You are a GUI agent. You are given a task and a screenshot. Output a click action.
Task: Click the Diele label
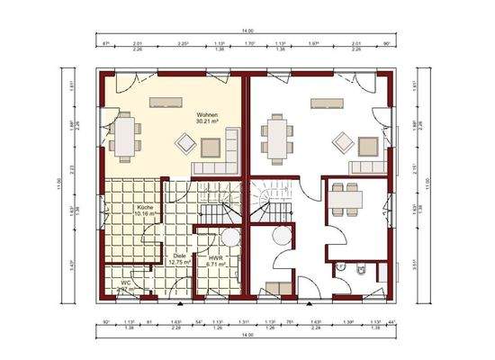pos(180,255)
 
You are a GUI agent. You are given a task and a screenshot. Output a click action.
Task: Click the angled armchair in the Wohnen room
pos(185,141)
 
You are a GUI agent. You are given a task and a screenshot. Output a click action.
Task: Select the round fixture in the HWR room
pos(229,237)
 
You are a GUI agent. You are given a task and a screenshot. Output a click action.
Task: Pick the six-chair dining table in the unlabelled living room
pos(275,138)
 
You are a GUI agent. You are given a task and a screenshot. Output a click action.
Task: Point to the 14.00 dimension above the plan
pos(245,33)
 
